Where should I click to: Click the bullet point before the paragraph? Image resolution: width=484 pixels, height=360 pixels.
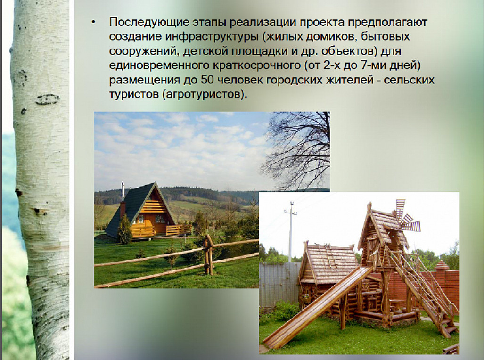(93, 23)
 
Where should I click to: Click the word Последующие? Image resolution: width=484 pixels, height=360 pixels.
(149, 23)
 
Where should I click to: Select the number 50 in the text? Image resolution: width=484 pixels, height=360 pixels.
(207, 80)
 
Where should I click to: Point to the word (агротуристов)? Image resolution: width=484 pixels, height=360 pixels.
(205, 94)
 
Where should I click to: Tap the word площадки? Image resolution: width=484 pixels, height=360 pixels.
(259, 51)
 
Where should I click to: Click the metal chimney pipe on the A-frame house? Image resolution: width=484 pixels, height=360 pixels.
(123, 191)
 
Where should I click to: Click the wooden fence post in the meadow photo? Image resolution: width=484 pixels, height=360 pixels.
(208, 255)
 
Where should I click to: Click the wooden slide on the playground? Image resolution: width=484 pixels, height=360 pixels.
(318, 307)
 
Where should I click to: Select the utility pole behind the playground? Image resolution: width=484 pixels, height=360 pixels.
(290, 231)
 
